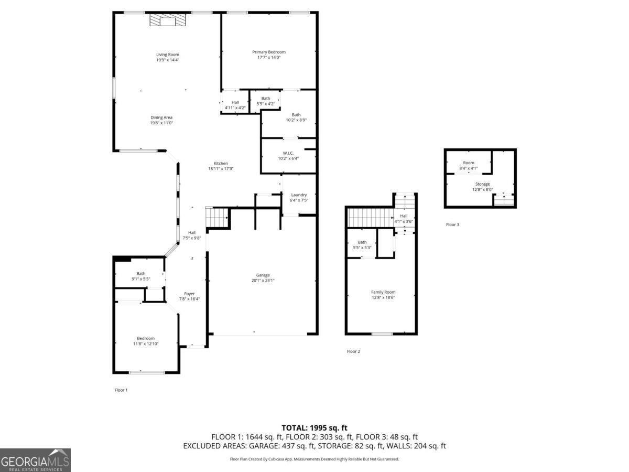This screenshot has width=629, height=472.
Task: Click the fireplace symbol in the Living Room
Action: tap(168, 20)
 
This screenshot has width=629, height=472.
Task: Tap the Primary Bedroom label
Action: tap(268, 52)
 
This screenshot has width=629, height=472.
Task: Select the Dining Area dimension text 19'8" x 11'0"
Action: tap(161, 123)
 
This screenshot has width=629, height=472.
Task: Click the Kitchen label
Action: tap(221, 163)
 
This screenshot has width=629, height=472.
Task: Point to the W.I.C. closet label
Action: tap(288, 153)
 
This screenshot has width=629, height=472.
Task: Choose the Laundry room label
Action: tap(298, 195)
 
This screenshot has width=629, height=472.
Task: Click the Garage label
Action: tap(263, 275)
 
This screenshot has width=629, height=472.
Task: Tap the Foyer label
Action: tap(189, 294)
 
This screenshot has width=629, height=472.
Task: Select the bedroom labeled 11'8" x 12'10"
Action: tap(146, 341)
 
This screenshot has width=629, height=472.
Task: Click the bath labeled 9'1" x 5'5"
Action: tap(140, 276)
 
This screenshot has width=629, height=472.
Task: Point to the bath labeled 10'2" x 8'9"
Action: tap(296, 117)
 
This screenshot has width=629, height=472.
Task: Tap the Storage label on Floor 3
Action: tap(482, 184)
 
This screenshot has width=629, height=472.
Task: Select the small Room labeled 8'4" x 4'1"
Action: tap(468, 165)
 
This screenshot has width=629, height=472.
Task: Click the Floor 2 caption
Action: tap(353, 351)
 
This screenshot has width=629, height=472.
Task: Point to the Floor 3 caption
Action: tap(452, 224)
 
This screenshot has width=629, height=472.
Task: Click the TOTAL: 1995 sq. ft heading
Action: tap(314, 428)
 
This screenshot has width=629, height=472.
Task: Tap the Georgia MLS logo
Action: tap(35, 460)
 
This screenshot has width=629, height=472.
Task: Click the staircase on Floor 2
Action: tap(370, 217)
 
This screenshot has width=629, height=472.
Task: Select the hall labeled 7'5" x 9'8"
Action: tap(192, 235)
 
